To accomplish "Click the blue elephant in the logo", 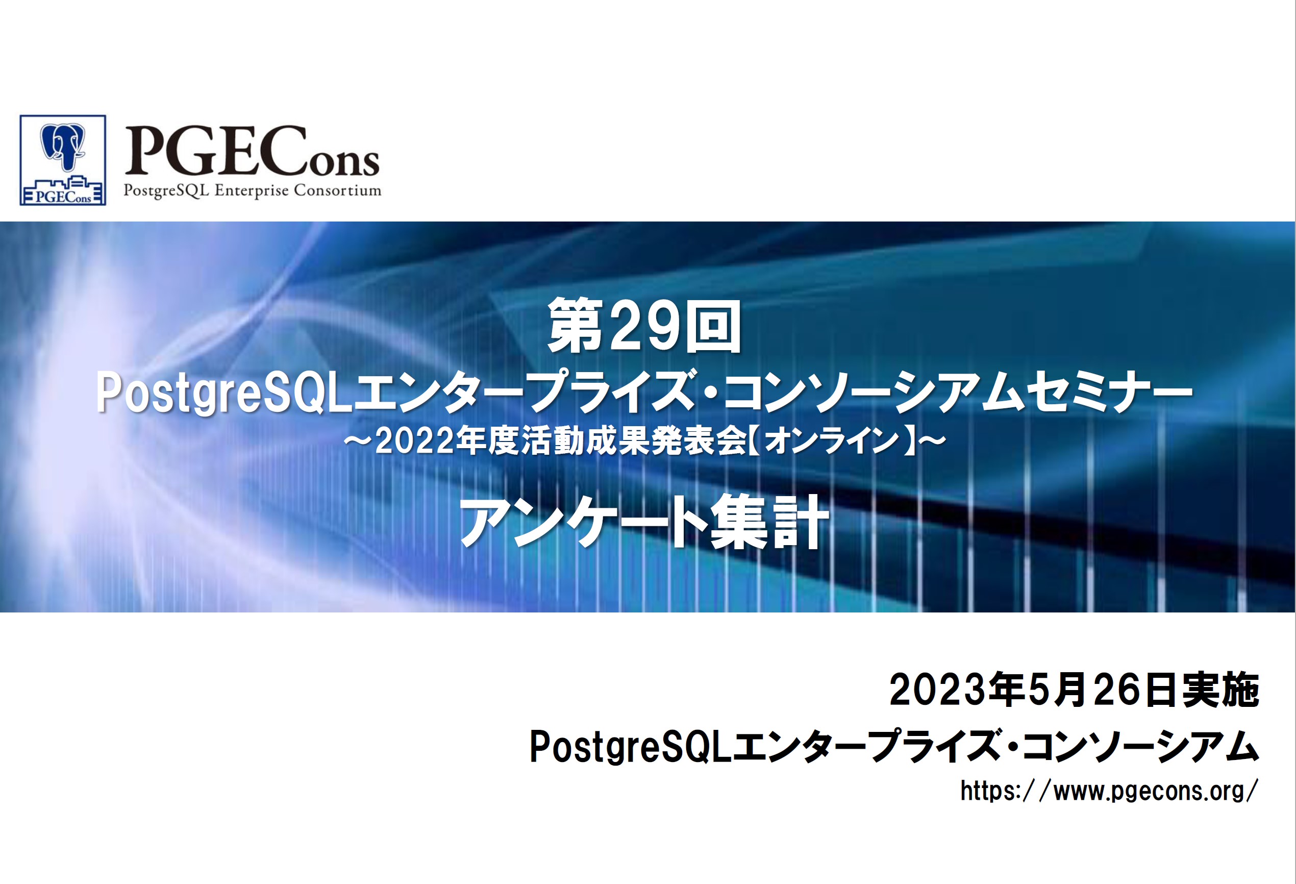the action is (62, 146).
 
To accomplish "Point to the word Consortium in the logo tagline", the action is (338, 190).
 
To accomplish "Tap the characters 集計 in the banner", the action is (769, 522).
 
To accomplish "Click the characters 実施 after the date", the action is (1222, 690).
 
